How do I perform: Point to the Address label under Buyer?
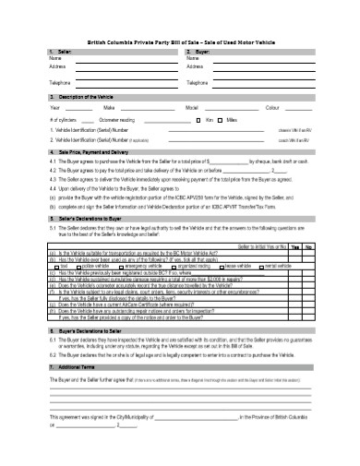(195, 66)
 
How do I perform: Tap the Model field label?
(192, 109)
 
